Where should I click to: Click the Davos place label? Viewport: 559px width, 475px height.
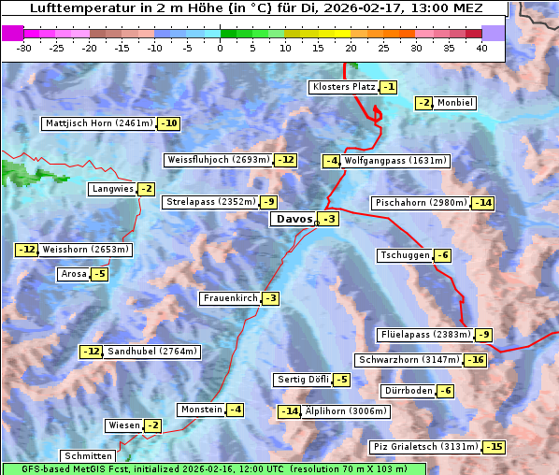click(293, 220)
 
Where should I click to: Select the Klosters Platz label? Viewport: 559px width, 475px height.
click(343, 87)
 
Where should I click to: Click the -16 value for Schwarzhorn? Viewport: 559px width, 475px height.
click(476, 360)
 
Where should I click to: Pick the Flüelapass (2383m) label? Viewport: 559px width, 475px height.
click(424, 335)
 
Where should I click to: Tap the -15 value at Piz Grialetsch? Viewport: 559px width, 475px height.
click(494, 447)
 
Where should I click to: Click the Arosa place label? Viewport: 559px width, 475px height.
click(73, 274)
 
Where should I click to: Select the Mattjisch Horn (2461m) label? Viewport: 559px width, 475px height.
click(98, 123)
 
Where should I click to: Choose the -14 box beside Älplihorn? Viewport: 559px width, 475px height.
click(290, 411)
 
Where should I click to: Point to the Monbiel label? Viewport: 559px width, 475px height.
click(455, 103)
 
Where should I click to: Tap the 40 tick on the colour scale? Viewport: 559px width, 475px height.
click(481, 48)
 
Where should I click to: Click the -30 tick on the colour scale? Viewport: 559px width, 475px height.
click(24, 48)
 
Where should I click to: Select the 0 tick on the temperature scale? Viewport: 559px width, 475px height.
click(221, 48)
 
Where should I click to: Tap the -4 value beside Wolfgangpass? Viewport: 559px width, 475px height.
click(331, 161)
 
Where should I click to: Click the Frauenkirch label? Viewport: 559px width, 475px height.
click(229, 298)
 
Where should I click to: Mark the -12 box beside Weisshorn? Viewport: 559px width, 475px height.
click(27, 250)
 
